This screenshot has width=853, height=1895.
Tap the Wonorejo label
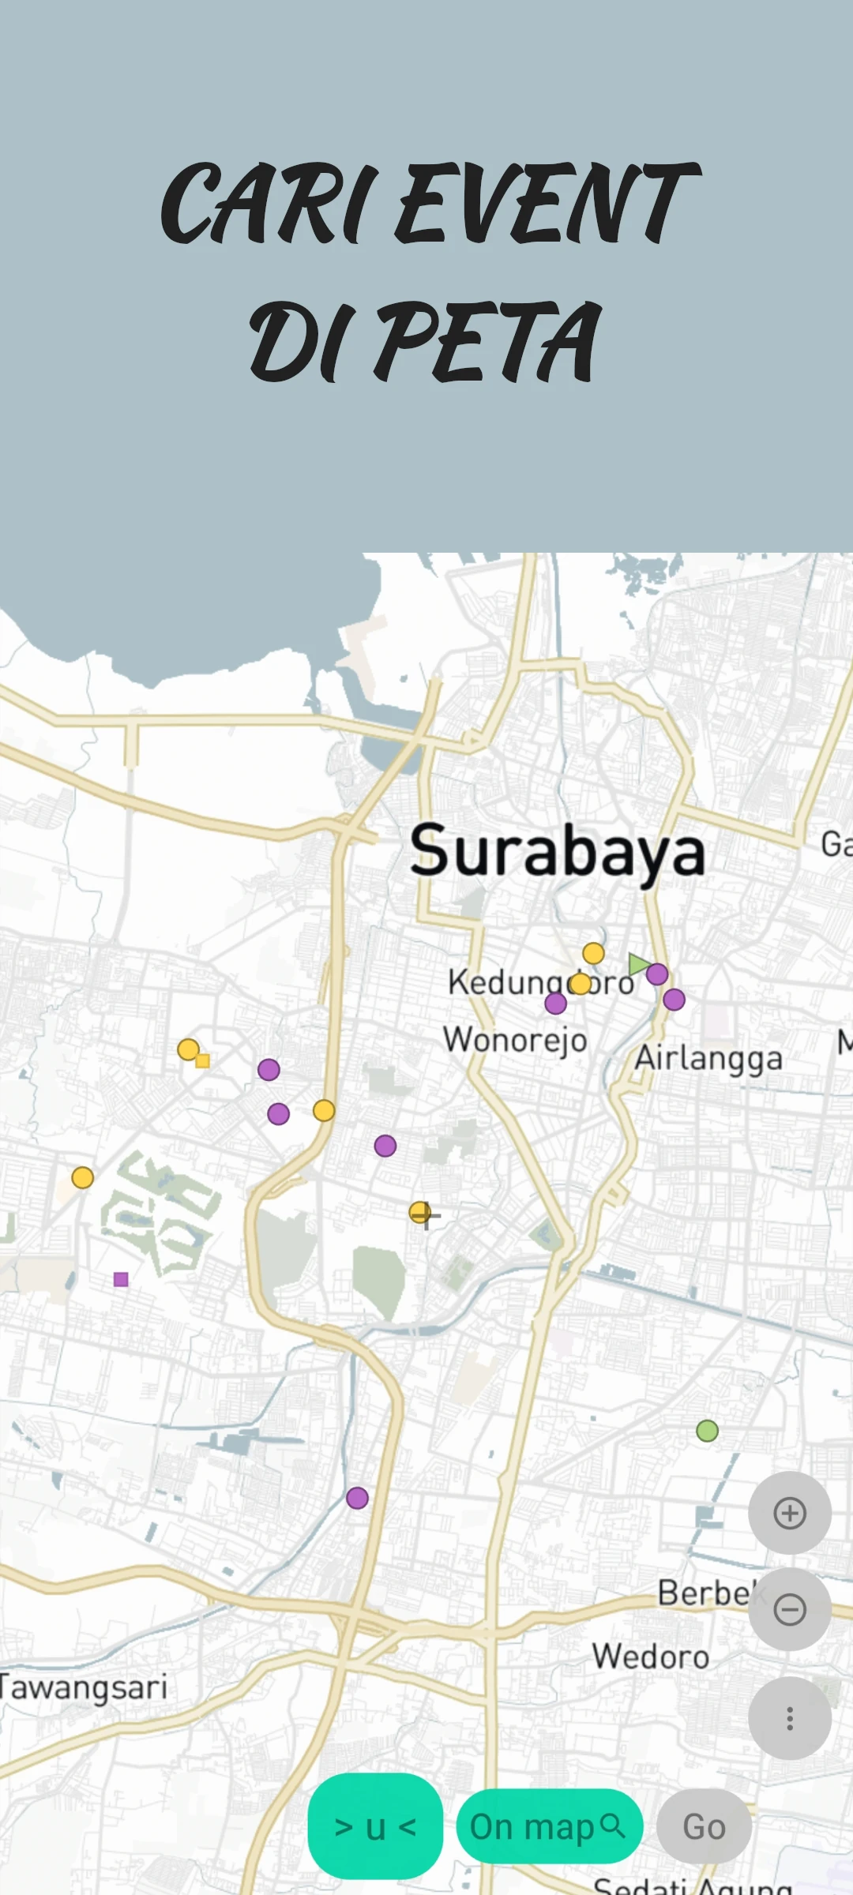[x=515, y=1040]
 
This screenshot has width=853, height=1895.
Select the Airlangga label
[x=708, y=1058]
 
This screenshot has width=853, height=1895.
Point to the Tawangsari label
[x=84, y=1687]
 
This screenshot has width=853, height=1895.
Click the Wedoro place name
[x=651, y=1657]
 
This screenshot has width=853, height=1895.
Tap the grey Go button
[x=704, y=1826]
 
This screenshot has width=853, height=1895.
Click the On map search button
[x=549, y=1826]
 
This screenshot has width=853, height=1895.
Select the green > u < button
[x=375, y=1826]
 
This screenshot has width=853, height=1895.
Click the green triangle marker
[x=638, y=964]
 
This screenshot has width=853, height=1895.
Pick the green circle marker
[x=707, y=1431]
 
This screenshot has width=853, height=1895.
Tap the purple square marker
[x=121, y=1279]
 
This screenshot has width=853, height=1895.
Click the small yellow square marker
[x=203, y=1060]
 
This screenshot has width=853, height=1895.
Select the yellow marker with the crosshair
[x=420, y=1212]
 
